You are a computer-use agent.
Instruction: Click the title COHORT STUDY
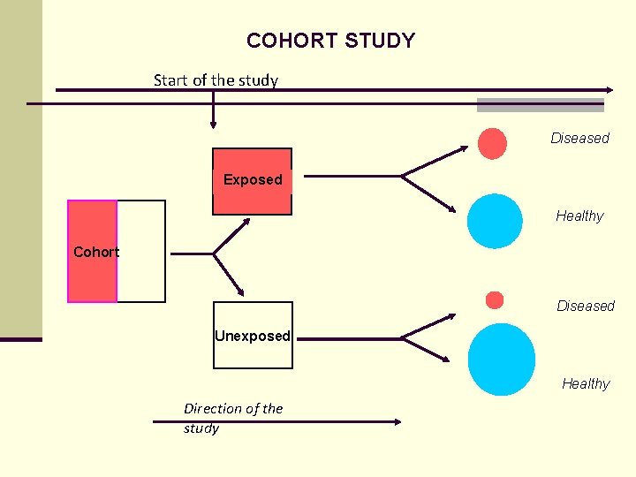pos(330,41)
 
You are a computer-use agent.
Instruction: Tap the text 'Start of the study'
pos(216,80)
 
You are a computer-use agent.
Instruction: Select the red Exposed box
pos(252,181)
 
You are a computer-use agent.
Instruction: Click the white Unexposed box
pos(252,335)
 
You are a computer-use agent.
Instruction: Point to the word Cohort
pos(95,252)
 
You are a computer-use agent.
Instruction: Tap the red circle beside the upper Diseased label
pos(492,143)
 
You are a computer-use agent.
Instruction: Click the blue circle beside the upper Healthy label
pos(495,221)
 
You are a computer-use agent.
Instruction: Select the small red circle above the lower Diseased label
pos(495,300)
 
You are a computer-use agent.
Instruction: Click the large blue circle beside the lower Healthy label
pos(501,360)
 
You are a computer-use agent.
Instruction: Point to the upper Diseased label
pos(579,138)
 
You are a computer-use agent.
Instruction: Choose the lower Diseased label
pos(585,306)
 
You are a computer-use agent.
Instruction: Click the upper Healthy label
pos(579,216)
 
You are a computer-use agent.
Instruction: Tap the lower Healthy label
pos(586,383)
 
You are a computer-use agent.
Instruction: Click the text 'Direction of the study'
pos(232,418)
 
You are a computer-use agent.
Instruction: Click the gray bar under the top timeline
pos(540,105)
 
